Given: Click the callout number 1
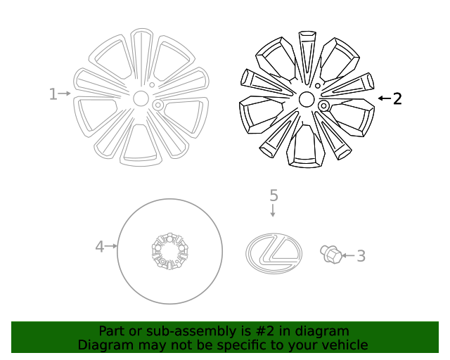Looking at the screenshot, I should (53, 94).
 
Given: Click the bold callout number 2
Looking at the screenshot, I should (397, 99).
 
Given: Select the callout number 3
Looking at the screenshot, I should (361, 256).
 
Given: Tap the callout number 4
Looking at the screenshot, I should (99, 246).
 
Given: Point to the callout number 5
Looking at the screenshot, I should (274, 195).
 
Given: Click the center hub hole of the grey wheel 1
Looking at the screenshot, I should (141, 98).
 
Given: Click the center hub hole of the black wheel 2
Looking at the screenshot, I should (307, 99).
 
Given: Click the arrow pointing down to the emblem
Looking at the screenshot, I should (274, 210).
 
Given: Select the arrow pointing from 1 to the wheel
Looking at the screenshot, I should (65, 94).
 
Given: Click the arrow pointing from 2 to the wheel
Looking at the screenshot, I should (384, 98).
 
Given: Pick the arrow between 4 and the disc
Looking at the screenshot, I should (111, 246).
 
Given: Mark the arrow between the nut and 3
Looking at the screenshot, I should (347, 255).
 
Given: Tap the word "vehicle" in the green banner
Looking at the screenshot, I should (345, 345).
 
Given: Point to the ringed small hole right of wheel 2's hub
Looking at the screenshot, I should (324, 105).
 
